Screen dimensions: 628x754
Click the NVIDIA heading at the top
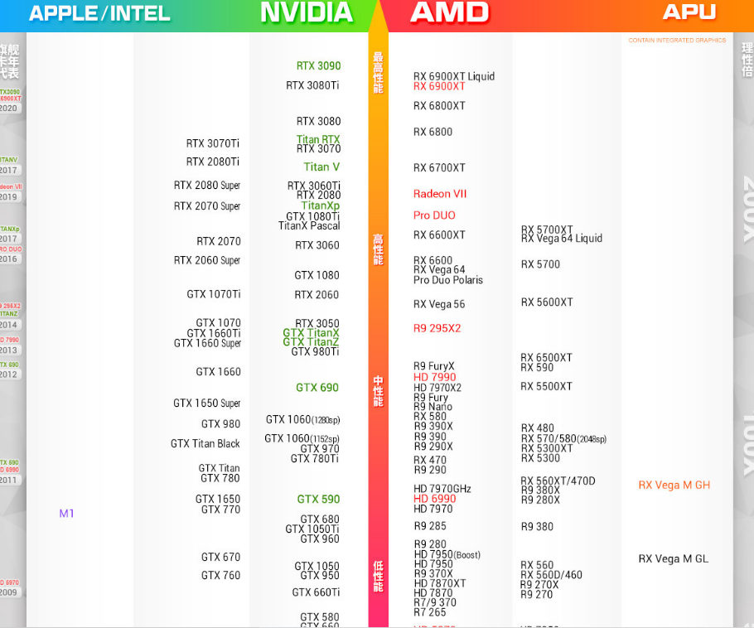(x=307, y=12)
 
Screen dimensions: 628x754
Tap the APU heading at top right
(x=689, y=12)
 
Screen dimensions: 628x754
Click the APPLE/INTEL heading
(x=99, y=13)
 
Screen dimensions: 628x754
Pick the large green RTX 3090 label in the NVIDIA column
(x=318, y=66)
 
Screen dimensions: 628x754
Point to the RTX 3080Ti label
(x=312, y=85)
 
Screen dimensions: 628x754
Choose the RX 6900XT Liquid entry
(x=454, y=76)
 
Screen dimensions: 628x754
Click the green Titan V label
(x=321, y=167)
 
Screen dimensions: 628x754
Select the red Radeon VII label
(x=440, y=194)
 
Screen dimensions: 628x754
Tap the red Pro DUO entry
(x=434, y=215)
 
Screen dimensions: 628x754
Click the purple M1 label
(x=66, y=514)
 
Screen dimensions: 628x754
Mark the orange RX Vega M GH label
(x=674, y=485)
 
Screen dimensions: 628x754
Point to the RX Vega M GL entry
(x=673, y=559)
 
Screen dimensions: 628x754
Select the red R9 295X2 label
(x=437, y=328)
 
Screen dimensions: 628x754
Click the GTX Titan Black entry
(x=205, y=444)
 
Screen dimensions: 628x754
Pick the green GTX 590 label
(x=318, y=500)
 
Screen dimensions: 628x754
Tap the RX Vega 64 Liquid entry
(x=562, y=239)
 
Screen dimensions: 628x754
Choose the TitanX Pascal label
(x=309, y=226)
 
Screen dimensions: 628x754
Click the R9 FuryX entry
(x=434, y=366)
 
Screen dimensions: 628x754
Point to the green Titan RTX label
(x=318, y=140)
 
